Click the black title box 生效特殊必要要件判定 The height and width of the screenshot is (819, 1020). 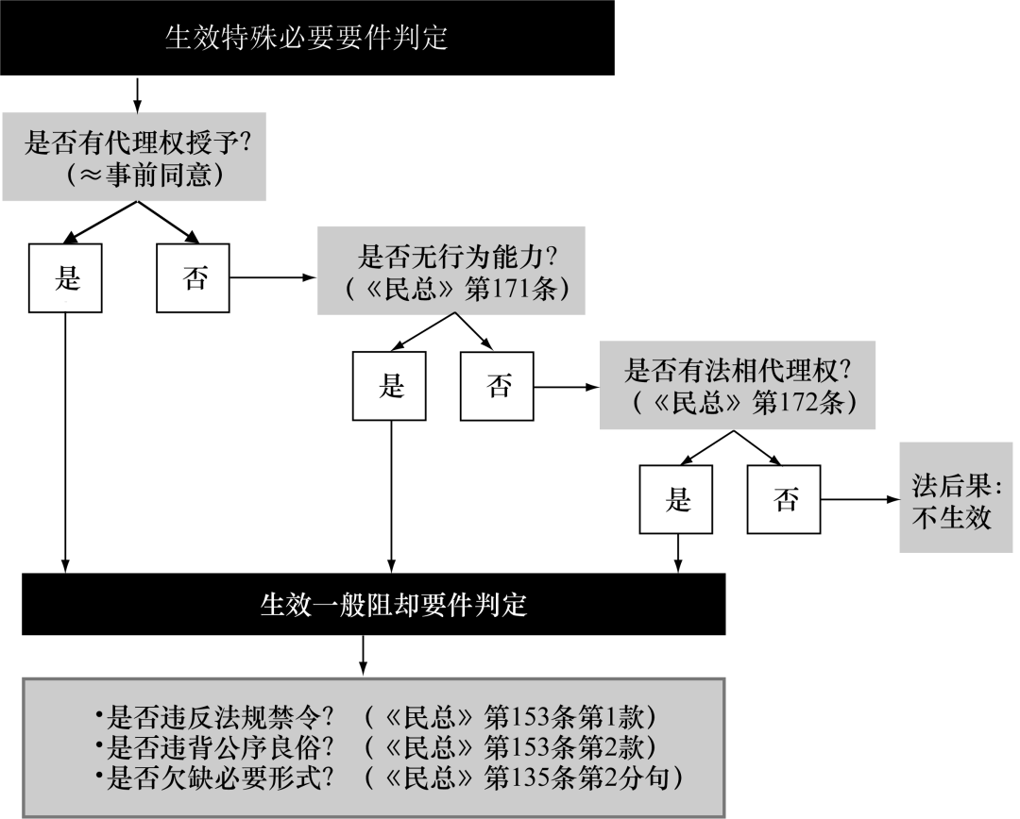[307, 38]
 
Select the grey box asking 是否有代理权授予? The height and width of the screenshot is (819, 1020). [134, 157]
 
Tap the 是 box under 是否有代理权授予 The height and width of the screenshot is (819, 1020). [65, 278]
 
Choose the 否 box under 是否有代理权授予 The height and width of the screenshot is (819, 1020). [194, 278]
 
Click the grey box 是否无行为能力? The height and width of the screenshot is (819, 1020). [450, 271]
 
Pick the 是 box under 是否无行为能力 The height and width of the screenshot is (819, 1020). [389, 386]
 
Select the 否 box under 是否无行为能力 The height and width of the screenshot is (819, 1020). [497, 386]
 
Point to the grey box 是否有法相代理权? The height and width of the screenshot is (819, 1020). [737, 386]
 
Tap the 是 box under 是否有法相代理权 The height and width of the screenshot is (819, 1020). [676, 499]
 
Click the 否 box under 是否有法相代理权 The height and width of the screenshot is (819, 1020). [784, 499]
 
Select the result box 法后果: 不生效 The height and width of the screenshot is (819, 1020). [956, 498]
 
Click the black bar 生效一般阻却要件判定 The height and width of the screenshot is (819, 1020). [373, 604]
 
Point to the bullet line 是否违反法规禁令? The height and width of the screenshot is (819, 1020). [375, 717]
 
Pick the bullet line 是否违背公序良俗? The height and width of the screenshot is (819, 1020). [375, 747]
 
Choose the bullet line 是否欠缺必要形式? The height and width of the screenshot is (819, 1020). [389, 777]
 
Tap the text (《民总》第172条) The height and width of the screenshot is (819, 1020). [744, 403]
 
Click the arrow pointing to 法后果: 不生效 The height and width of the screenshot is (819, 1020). [860, 499]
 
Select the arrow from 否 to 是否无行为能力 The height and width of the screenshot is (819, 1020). [273, 277]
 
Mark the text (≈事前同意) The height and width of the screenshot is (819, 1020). [144, 175]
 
